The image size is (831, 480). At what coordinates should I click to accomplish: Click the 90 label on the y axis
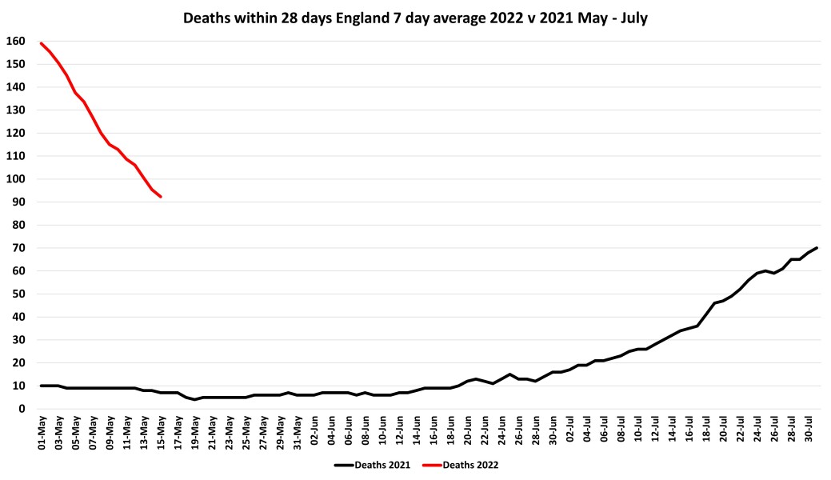click(15, 202)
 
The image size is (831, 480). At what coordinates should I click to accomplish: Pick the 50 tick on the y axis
click(15, 294)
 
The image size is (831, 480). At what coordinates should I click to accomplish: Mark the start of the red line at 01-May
click(42, 43)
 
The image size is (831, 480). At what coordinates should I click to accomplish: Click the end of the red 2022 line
click(161, 197)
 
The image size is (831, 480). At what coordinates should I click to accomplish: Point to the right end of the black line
click(817, 248)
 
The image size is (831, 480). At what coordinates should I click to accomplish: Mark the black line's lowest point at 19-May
click(195, 399)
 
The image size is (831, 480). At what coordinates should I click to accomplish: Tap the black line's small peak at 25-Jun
click(510, 374)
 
